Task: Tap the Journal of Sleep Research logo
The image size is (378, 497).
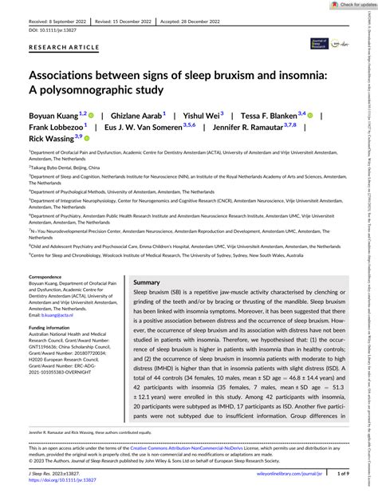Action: click(320, 67)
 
